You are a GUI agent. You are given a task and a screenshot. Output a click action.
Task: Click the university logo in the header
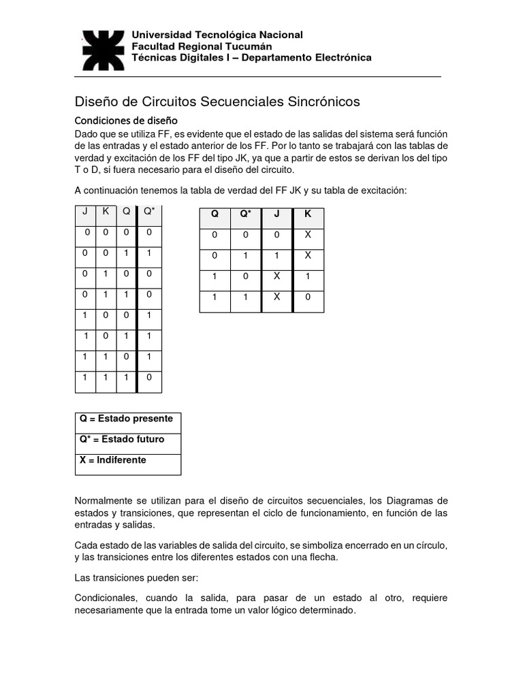pos(102,50)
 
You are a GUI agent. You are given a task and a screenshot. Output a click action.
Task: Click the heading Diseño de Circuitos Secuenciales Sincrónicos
pos(217,101)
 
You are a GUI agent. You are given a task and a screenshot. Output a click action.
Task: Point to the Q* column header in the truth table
pos(149,211)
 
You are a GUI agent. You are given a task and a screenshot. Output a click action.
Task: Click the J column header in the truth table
pos(85,211)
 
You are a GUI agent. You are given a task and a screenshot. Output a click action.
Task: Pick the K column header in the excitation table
pos(308,214)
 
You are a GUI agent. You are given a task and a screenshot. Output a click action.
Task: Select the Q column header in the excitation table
pos(215,214)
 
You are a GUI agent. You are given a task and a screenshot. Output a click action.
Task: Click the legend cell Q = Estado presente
pos(127,419)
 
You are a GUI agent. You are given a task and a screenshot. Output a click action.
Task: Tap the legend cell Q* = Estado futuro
pos(123,439)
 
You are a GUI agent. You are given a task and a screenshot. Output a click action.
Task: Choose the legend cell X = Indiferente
pos(113,460)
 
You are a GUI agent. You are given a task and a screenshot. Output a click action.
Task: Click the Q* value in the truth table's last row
pos(149,376)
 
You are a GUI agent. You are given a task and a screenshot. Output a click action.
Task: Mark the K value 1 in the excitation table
pos(308,276)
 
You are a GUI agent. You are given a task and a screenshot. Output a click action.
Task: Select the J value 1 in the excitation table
pos(276,255)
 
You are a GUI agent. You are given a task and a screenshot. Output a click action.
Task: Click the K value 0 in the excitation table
pos(308,297)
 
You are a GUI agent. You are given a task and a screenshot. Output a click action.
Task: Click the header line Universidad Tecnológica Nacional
pos(217,35)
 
